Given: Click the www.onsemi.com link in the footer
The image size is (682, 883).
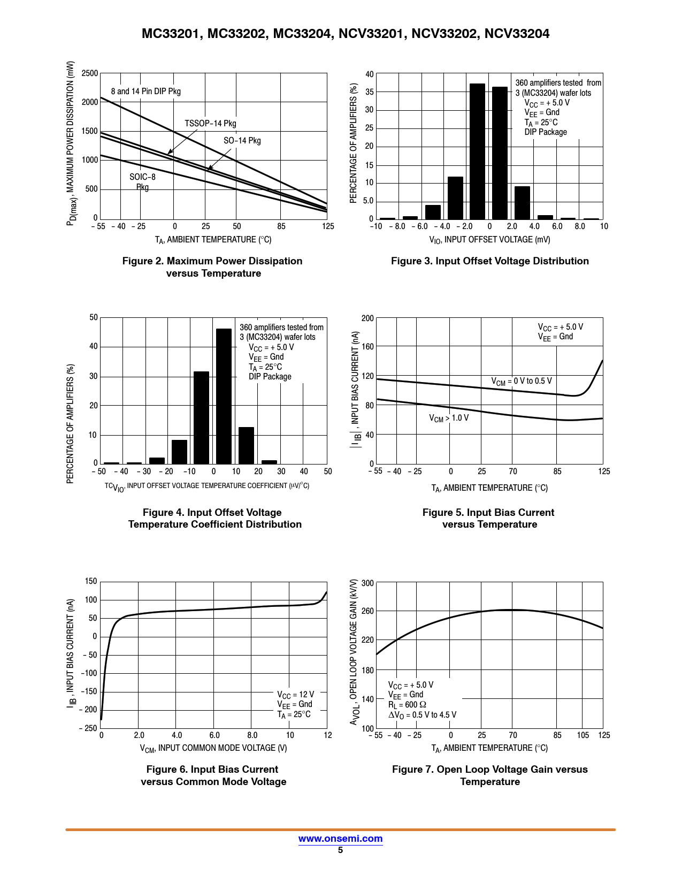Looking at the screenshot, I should [340, 839].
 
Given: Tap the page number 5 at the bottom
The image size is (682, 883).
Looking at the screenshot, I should [340, 850].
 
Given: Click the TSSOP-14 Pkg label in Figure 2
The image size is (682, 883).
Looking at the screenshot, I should [210, 124].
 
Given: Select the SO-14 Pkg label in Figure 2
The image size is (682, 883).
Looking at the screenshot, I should [242, 141].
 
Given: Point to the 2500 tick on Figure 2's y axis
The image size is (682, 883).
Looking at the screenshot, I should [90, 73].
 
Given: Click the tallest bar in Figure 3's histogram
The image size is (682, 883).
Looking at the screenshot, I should [477, 151].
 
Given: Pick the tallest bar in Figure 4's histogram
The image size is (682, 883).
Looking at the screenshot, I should [224, 396].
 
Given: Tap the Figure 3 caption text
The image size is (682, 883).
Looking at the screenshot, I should [489, 261].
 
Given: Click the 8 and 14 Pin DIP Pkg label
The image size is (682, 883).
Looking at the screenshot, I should [145, 92].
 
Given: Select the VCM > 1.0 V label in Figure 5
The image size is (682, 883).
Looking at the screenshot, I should [448, 418].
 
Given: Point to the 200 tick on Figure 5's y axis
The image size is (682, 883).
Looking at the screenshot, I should [367, 318].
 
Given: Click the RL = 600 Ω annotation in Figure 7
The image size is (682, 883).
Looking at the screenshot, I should [407, 705].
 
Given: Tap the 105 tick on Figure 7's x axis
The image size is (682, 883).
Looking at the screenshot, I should [583, 735].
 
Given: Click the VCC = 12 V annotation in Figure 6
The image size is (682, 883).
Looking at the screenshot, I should [295, 695].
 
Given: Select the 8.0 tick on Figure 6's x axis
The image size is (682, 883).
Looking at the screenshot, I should [252, 735].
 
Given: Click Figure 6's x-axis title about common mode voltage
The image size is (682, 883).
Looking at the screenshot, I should [213, 748].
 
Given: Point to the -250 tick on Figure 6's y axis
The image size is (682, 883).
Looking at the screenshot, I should [88, 728].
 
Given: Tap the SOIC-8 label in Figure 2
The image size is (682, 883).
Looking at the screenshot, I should [142, 177].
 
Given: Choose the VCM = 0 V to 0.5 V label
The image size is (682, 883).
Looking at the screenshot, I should [521, 381].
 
